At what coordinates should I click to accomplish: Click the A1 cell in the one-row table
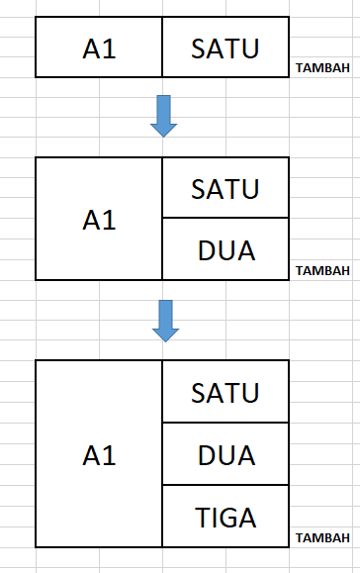point(99,48)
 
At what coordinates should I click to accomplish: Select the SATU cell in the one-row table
point(225,48)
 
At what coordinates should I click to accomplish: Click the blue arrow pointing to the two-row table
point(163,116)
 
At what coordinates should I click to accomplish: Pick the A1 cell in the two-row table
point(99,219)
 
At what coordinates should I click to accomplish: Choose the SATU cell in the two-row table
point(225,187)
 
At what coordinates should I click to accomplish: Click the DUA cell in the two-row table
point(225,249)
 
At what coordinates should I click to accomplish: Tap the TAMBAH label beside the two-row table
point(322,271)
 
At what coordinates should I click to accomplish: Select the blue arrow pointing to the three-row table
point(163,319)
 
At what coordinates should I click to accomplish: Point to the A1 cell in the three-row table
point(99,454)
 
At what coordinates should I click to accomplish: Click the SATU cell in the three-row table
point(225,392)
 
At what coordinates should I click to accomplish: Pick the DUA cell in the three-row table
point(225,454)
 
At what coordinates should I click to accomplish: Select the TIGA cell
point(225,516)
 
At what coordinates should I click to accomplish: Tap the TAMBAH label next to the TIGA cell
point(322,538)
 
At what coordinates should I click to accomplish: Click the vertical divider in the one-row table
point(162,48)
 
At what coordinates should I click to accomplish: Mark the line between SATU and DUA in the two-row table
point(225,218)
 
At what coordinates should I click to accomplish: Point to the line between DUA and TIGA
point(225,485)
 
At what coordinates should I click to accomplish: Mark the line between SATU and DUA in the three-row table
point(225,423)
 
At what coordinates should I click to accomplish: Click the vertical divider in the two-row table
point(162,219)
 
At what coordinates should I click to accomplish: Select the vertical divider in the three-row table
point(162,454)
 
